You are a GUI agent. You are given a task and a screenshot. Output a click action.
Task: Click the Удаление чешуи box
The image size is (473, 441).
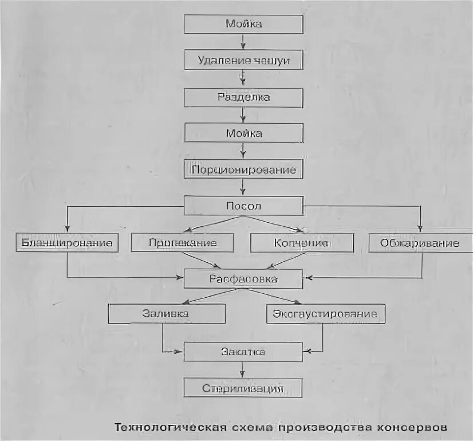pyautogui.click(x=243, y=60)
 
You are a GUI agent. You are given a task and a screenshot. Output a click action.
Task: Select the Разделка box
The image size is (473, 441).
pyautogui.click(x=243, y=97)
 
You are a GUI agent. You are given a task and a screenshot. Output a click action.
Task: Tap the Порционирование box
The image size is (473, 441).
pyautogui.click(x=243, y=170)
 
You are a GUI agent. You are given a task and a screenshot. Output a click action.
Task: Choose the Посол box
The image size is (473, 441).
pyautogui.click(x=243, y=206)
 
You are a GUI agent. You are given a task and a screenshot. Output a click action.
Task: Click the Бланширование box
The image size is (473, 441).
pyautogui.click(x=67, y=243)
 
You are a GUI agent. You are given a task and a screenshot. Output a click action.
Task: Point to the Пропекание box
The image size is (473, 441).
pyautogui.click(x=183, y=243)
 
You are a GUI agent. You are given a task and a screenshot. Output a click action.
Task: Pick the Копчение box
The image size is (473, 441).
pyautogui.click(x=298, y=243)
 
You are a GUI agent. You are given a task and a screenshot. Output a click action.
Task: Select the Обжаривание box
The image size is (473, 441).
pyautogui.click(x=420, y=243)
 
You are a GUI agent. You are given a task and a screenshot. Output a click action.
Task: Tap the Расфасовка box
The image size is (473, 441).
pyautogui.click(x=243, y=279)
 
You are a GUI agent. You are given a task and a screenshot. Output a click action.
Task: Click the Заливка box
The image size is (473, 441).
pyautogui.click(x=167, y=314)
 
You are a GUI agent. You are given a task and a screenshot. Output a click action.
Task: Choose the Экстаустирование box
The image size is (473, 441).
pyautogui.click(x=325, y=314)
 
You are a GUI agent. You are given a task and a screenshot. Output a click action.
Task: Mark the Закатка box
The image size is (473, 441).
pyautogui.click(x=243, y=352)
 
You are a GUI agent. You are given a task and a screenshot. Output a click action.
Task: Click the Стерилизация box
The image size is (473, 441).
pyautogui.click(x=243, y=388)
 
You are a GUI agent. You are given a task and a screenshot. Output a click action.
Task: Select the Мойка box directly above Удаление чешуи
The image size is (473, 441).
pyautogui.click(x=243, y=24)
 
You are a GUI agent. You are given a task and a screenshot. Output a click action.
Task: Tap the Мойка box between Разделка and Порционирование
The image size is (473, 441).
pyautogui.click(x=243, y=133)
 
